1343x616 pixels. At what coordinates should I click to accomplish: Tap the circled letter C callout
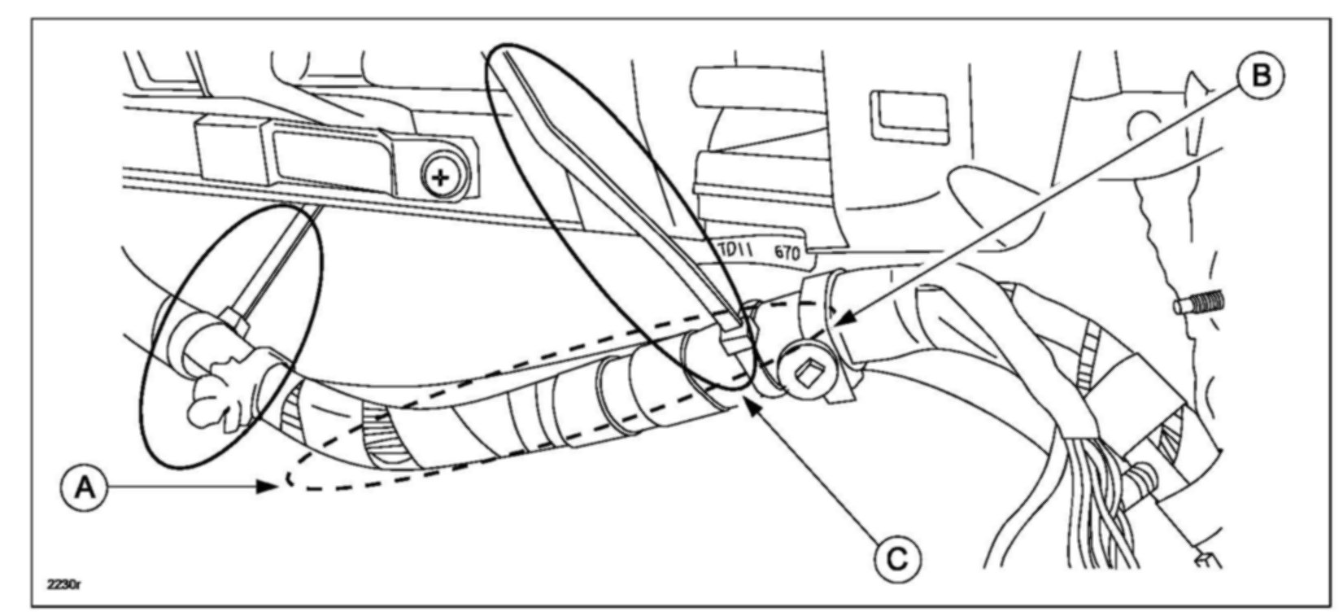pyautogui.click(x=898, y=558)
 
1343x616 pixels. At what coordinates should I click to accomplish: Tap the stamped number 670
pyautogui.click(x=786, y=252)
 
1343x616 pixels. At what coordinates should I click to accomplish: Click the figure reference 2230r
pyautogui.click(x=63, y=584)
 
